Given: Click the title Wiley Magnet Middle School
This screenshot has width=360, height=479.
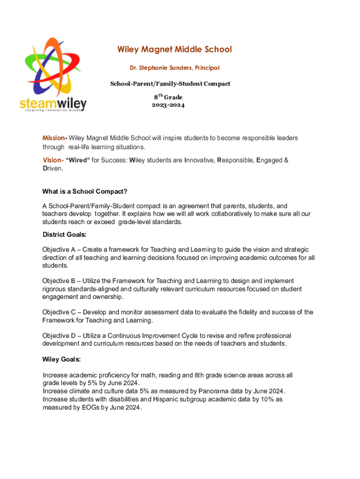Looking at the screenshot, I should click(x=174, y=50).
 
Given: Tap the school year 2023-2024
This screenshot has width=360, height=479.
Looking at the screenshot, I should click(x=168, y=105).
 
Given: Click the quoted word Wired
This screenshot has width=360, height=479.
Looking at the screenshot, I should click(x=78, y=160).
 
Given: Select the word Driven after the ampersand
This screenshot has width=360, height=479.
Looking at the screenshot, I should click(x=52, y=168).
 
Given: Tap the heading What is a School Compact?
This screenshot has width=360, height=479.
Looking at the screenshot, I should click(x=85, y=191).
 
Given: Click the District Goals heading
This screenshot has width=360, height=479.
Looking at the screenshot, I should click(x=64, y=234).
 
